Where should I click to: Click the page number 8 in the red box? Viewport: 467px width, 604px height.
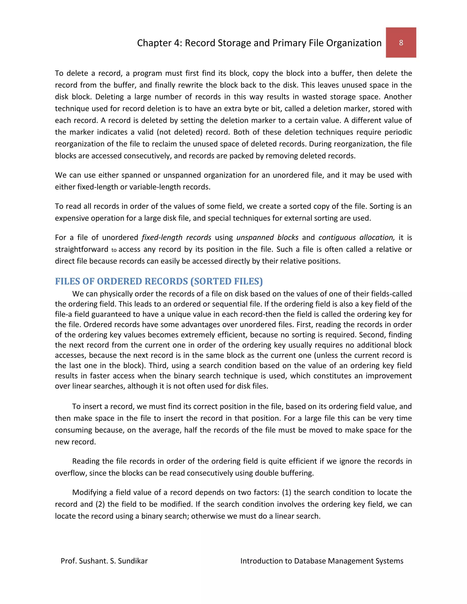pyautogui.click(x=401, y=43)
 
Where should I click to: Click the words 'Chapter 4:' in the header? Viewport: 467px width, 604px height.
pyautogui.click(x=159, y=43)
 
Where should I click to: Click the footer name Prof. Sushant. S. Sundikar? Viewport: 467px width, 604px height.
pyautogui.click(x=104, y=561)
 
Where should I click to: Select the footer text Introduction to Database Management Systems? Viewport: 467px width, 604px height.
pyautogui.click(x=322, y=561)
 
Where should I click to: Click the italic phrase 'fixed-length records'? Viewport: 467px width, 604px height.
pyautogui.click(x=176, y=237)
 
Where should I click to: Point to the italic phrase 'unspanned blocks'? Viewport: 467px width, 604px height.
pyautogui.click(x=267, y=237)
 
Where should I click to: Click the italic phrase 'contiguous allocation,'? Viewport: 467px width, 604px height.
pyautogui.click(x=356, y=237)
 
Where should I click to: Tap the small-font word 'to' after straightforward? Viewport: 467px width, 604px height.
pyautogui.click(x=114, y=250)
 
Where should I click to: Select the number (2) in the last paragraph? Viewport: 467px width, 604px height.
pyautogui.click(x=100, y=504)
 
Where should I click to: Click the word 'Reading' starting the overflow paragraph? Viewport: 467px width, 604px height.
pyautogui.click(x=86, y=461)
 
